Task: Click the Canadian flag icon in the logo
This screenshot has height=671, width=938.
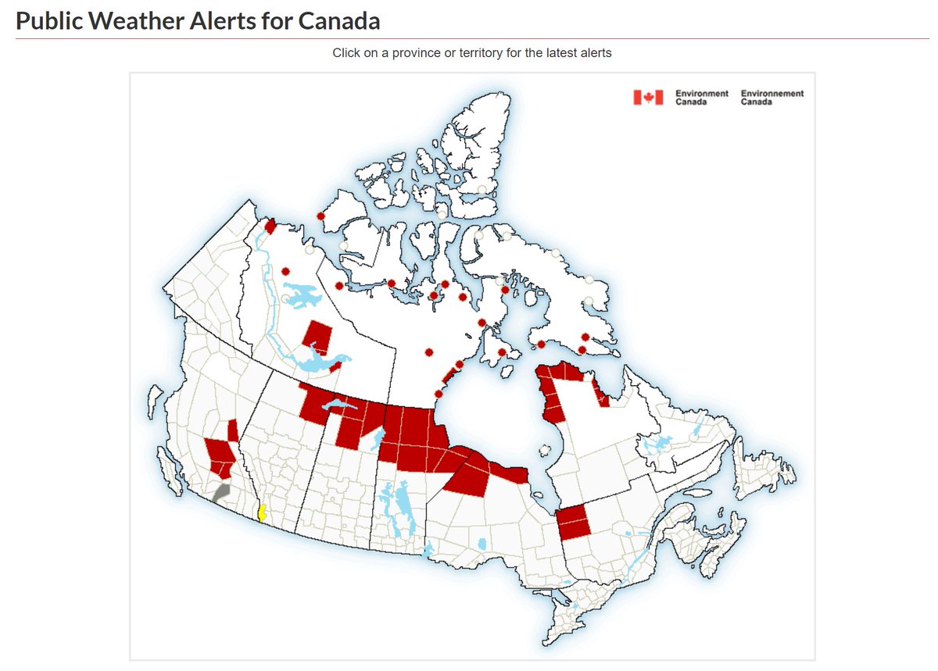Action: (x=648, y=97)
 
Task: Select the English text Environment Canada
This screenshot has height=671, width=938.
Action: (x=701, y=97)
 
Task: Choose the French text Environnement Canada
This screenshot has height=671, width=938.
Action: (x=772, y=97)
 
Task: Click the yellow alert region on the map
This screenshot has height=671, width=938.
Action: (x=263, y=513)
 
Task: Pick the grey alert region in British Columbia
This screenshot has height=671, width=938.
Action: (x=221, y=493)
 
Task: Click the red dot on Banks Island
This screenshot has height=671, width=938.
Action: (x=320, y=216)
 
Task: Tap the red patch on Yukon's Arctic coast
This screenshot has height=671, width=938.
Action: (x=270, y=227)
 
